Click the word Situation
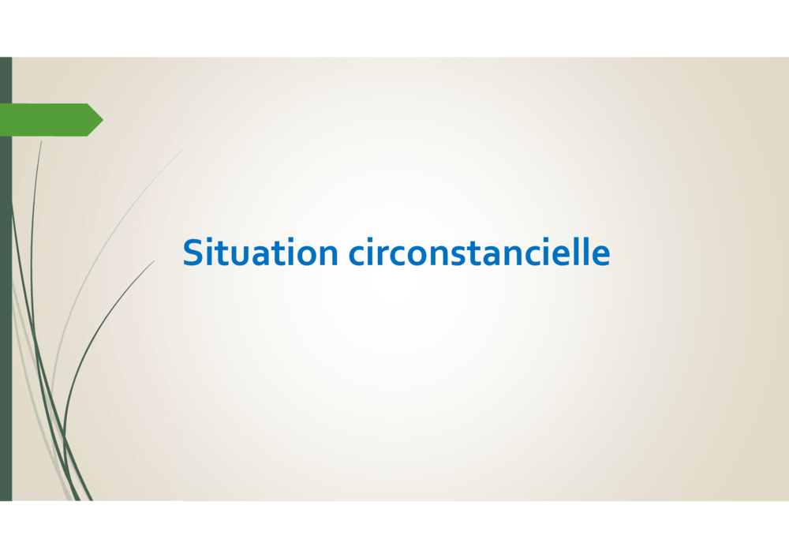pyautogui.click(x=260, y=252)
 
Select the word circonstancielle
pyautogui.click(x=480, y=252)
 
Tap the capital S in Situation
pyautogui.click(x=193, y=252)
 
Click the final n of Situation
pyautogui.click(x=328, y=255)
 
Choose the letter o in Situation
pyautogui.click(x=305, y=256)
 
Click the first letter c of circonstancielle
pyautogui.click(x=357, y=256)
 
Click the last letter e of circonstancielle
pyautogui.click(x=600, y=256)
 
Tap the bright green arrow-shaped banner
pyautogui.click(x=51, y=120)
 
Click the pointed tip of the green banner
pyautogui.click(x=103, y=120)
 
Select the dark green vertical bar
pyautogui.click(x=6, y=279)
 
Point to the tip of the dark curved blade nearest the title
pyautogui.click(x=155, y=260)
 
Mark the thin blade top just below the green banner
pyautogui.click(x=41, y=141)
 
